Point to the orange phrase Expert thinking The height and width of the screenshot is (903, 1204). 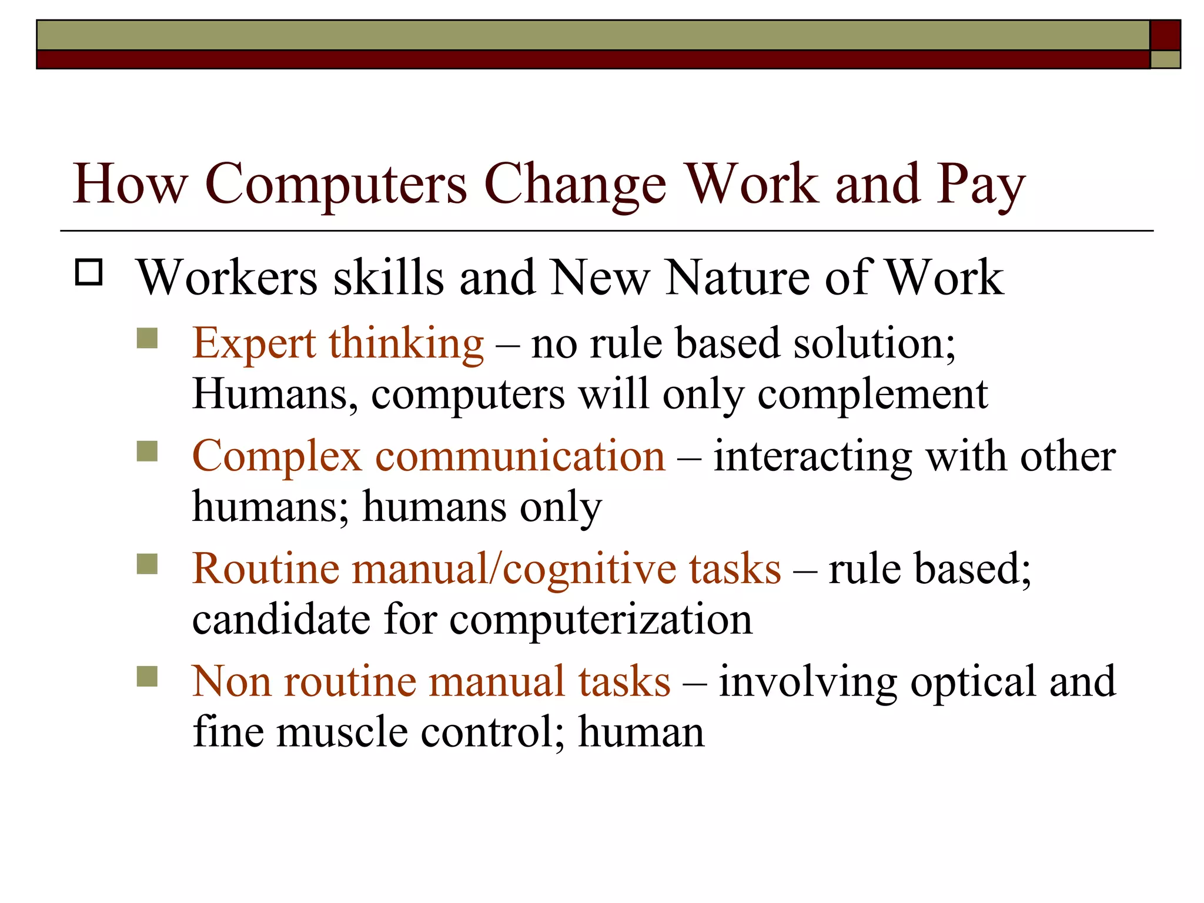338,344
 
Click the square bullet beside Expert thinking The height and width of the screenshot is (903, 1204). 147,339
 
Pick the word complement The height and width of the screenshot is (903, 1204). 872,394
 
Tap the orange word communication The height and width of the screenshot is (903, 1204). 520,456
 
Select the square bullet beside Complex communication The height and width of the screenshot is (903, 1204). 147,451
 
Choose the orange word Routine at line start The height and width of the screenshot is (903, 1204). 266,569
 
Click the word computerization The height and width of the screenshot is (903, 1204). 601,620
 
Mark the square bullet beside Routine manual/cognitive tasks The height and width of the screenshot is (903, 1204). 147,564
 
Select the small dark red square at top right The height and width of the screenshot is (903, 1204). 1165,35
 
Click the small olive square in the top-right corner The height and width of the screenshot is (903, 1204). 1165,59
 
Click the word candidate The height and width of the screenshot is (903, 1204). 281,620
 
